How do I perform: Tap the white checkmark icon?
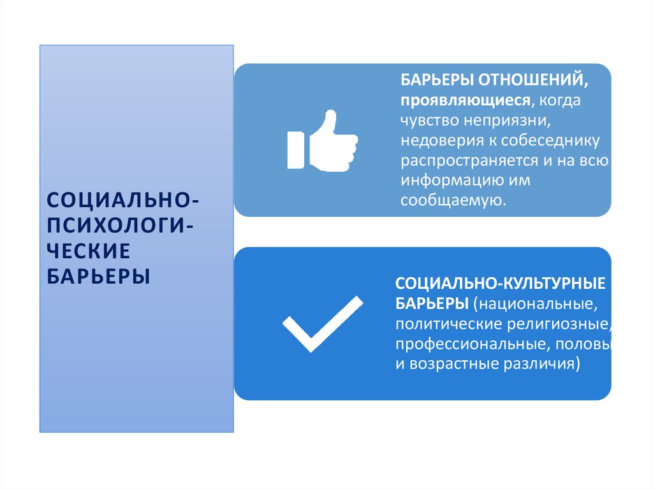pyautogui.click(x=322, y=324)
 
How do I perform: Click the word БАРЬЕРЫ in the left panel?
pyautogui.click(x=99, y=277)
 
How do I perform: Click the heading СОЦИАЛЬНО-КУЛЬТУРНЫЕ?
pyautogui.click(x=500, y=281)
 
